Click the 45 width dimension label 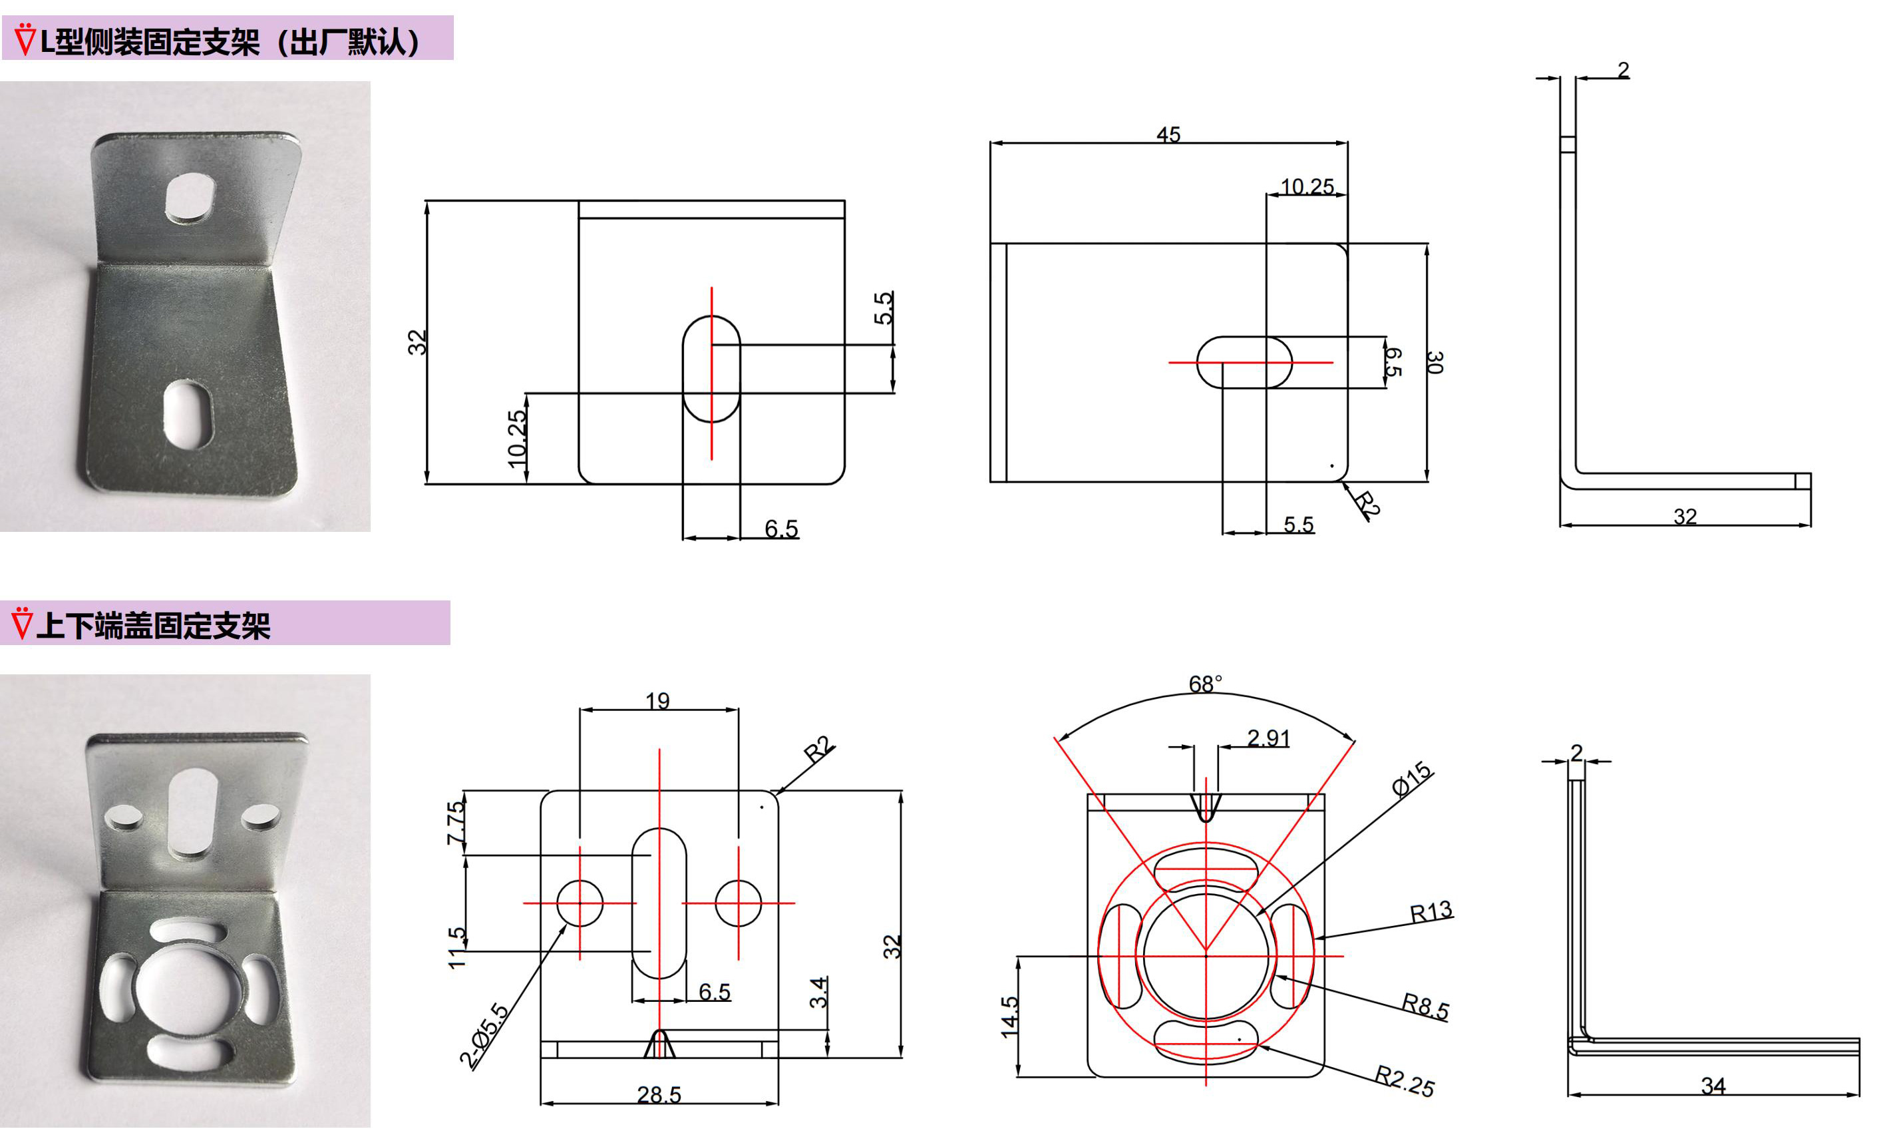[1168, 134]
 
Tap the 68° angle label [1205, 684]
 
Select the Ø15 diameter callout [1411, 779]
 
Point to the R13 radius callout [1431, 911]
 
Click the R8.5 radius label [1425, 1006]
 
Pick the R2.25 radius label [1404, 1081]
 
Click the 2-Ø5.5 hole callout [484, 1035]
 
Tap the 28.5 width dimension [659, 1094]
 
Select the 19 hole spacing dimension [657, 700]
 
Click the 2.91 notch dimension [1268, 738]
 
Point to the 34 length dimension [1713, 1086]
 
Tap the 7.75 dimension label [455, 822]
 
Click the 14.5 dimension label [1009, 1017]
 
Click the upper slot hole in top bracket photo [190, 198]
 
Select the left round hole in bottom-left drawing [580, 903]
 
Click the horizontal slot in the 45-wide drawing [1244, 362]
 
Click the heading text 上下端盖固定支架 [153, 626]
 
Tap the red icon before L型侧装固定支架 [25, 40]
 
